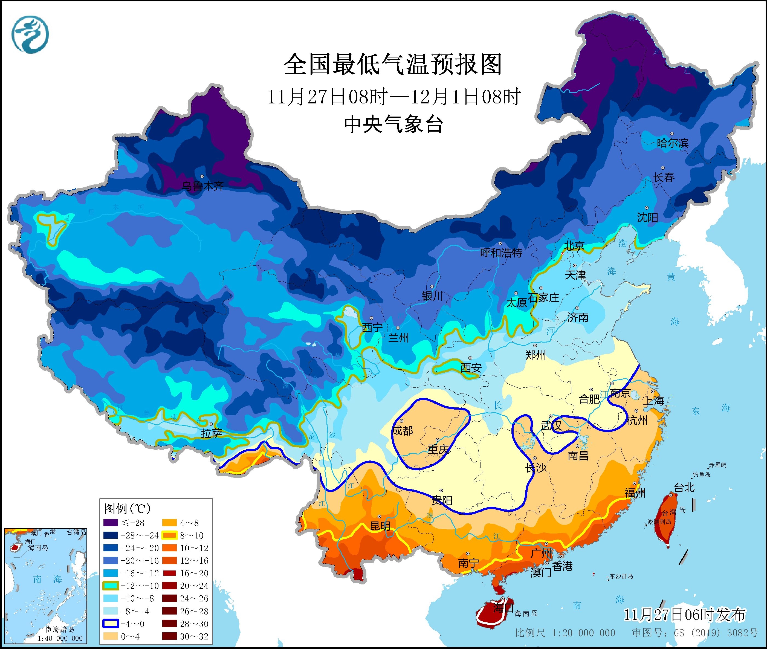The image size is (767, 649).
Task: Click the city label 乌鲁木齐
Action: point(203,187)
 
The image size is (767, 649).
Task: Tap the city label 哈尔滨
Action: point(672,143)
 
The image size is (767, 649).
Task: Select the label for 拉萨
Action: point(212,433)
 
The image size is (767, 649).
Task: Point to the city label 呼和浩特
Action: point(501,253)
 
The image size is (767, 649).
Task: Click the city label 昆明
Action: point(380,526)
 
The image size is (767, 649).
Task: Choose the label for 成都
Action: point(403,430)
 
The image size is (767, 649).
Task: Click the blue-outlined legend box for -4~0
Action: point(110,624)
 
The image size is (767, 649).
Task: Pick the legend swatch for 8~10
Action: point(169,535)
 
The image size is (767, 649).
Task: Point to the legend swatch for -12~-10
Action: point(110,586)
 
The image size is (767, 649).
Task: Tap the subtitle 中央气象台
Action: point(393,124)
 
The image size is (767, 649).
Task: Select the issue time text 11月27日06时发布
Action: point(685,615)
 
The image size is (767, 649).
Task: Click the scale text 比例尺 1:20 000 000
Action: point(565,633)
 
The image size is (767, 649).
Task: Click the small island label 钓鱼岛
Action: point(701,475)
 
